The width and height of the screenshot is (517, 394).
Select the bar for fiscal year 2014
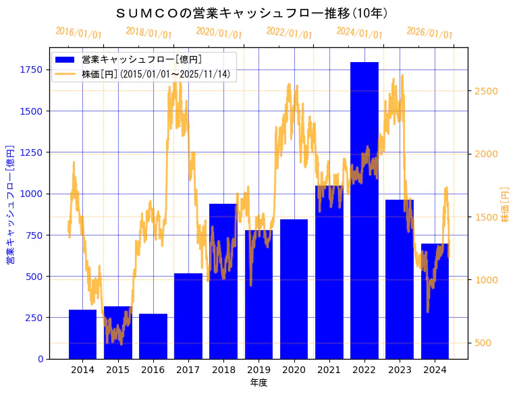point(82,334)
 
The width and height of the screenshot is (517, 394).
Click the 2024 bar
point(435,301)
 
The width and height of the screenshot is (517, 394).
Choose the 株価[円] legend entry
point(158,74)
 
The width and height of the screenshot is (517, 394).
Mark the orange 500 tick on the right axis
point(484,343)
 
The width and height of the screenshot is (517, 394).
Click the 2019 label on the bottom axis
point(258,370)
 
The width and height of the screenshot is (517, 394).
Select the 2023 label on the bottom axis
point(400,370)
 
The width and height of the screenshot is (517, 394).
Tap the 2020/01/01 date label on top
point(219,32)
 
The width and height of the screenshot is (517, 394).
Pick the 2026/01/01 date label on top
point(429,32)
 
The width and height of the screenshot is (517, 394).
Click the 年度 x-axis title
point(258,383)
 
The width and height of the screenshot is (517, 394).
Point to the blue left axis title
point(11,204)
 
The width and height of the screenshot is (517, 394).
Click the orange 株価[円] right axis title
point(506,204)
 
